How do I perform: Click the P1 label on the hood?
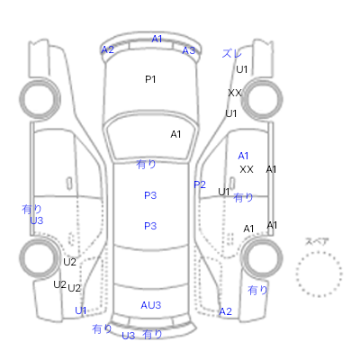click(150, 79)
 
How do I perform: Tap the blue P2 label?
click(200, 184)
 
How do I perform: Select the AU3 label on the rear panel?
click(151, 305)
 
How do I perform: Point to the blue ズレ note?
click(231, 53)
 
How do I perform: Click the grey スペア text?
click(317, 241)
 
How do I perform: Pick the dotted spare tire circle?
click(319, 252)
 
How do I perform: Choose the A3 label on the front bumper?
click(189, 50)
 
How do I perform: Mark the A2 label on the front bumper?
click(107, 49)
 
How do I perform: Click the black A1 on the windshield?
click(175, 134)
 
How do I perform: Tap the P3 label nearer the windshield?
click(150, 195)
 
